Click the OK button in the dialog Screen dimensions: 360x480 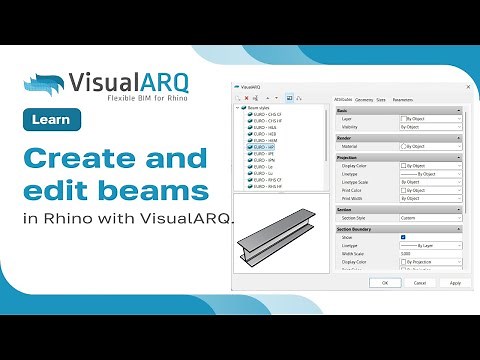click(385, 283)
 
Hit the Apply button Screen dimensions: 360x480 click(455, 283)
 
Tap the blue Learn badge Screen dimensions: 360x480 click(51, 121)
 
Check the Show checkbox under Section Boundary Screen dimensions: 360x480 click(402, 237)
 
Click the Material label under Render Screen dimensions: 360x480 click(350, 146)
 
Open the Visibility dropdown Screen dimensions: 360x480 click(430, 127)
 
